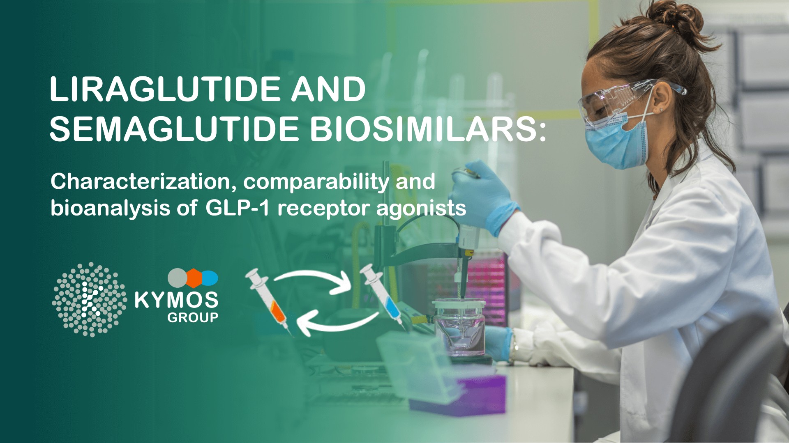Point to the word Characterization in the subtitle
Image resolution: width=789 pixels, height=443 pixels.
(x=140, y=181)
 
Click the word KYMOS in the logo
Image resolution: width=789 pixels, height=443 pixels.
(x=176, y=300)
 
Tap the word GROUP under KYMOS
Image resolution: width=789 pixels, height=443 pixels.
(x=193, y=317)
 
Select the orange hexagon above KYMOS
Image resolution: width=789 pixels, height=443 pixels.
(x=194, y=278)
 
